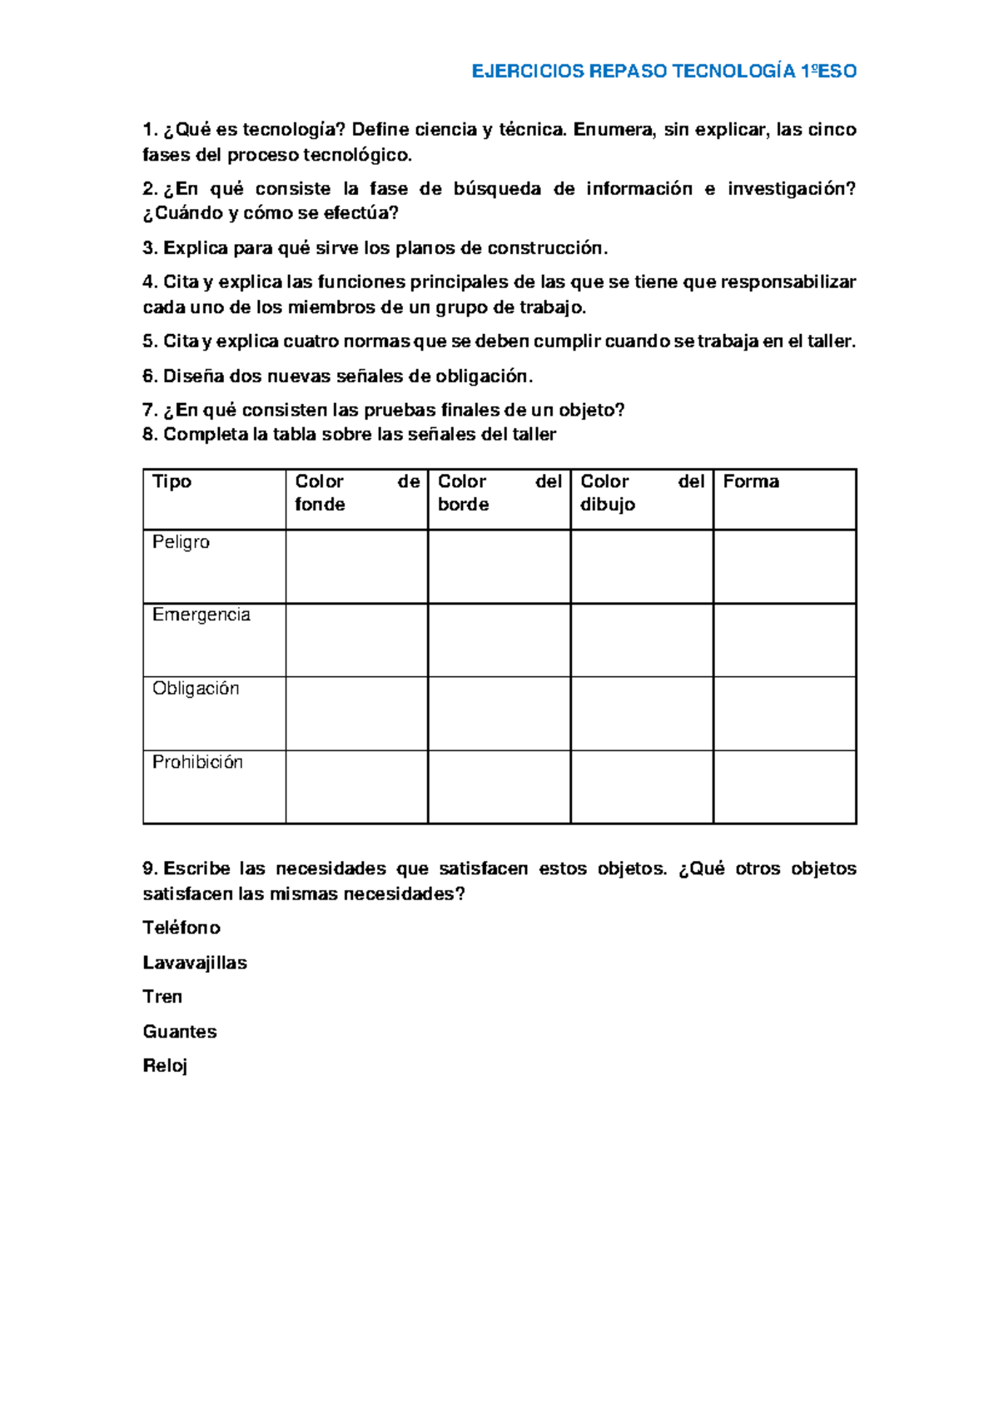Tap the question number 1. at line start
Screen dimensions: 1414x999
(x=150, y=130)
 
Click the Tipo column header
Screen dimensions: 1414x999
(x=172, y=481)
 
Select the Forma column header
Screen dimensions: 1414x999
(x=751, y=481)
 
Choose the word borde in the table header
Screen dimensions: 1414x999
(x=464, y=505)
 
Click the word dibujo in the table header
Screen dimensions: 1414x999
(x=608, y=505)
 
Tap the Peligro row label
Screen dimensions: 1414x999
(x=181, y=542)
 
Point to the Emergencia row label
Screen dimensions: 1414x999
(x=201, y=615)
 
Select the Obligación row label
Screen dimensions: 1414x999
(x=196, y=689)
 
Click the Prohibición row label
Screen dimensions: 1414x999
(x=197, y=762)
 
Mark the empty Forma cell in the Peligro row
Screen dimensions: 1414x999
(x=784, y=566)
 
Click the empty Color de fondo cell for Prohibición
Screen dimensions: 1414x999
(x=356, y=787)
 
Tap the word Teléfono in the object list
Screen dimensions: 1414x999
(x=181, y=928)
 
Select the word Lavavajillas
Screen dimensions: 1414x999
(x=195, y=963)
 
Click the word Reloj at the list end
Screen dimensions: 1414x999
(x=165, y=1066)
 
